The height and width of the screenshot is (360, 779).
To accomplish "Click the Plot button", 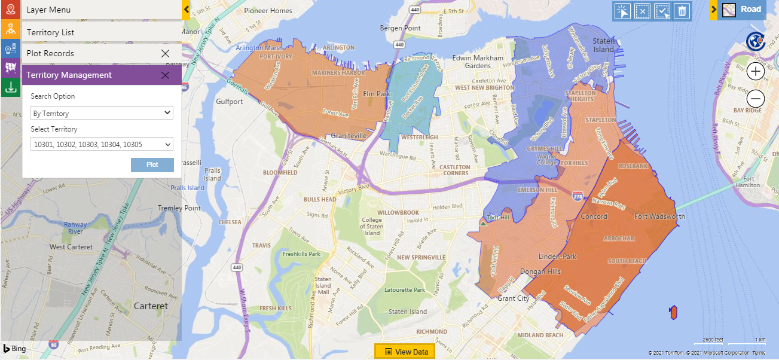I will [x=152, y=164].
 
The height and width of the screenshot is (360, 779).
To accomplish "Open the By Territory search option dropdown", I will [x=102, y=113].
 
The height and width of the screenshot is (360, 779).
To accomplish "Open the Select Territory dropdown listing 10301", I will [x=102, y=144].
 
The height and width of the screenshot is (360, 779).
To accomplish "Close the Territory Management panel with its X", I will [x=166, y=75].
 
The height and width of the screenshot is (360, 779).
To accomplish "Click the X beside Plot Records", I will [x=166, y=53].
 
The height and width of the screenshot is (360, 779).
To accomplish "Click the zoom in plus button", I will [x=756, y=72].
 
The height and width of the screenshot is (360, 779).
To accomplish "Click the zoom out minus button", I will [x=756, y=99].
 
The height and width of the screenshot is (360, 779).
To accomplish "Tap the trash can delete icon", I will [x=682, y=11].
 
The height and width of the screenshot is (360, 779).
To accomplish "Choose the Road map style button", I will [x=743, y=10].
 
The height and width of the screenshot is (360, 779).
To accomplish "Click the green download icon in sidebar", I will [x=10, y=88].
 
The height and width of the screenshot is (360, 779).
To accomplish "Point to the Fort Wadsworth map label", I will [x=659, y=216].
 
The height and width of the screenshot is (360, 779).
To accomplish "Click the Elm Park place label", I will [x=377, y=94].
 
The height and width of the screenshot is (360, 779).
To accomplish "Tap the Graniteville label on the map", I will [x=349, y=136].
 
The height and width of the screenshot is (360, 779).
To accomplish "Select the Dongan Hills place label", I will [x=541, y=271].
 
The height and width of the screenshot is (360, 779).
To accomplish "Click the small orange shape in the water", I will [x=673, y=312].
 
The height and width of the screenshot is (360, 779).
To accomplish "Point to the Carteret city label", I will [x=151, y=306].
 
